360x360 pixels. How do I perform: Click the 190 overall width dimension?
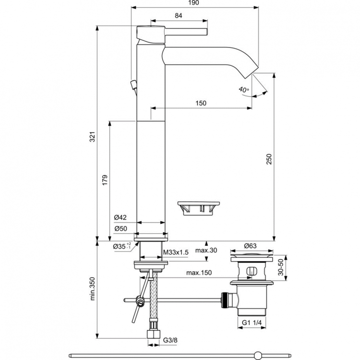pos(194,3)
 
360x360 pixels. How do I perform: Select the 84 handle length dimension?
pos(178,16)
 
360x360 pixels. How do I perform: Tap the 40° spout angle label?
pos(243,90)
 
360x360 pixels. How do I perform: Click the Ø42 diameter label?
pos(120,218)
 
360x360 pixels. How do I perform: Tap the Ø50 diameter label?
pos(120,229)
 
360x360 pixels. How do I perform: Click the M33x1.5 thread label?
pos(175,252)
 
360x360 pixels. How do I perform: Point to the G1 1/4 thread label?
pos(251,323)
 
